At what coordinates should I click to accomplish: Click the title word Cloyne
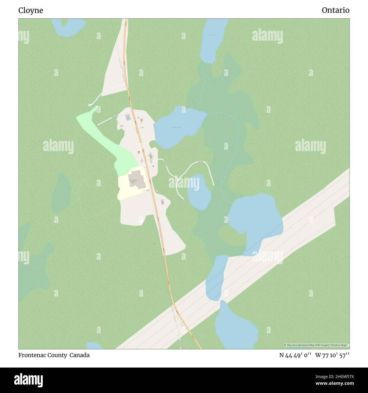31,10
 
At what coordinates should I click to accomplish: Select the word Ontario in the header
335,10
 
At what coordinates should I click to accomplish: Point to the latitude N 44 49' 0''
295,355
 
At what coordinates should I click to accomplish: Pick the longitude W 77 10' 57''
332,355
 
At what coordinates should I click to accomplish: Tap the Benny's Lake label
176,128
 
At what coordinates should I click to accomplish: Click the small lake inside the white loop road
199,192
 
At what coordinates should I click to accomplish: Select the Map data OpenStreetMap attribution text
316,345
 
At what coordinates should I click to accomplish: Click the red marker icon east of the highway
153,166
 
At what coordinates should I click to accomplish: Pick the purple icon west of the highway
142,160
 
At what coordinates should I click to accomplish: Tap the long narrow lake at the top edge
212,40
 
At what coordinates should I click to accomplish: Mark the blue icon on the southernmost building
162,202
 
